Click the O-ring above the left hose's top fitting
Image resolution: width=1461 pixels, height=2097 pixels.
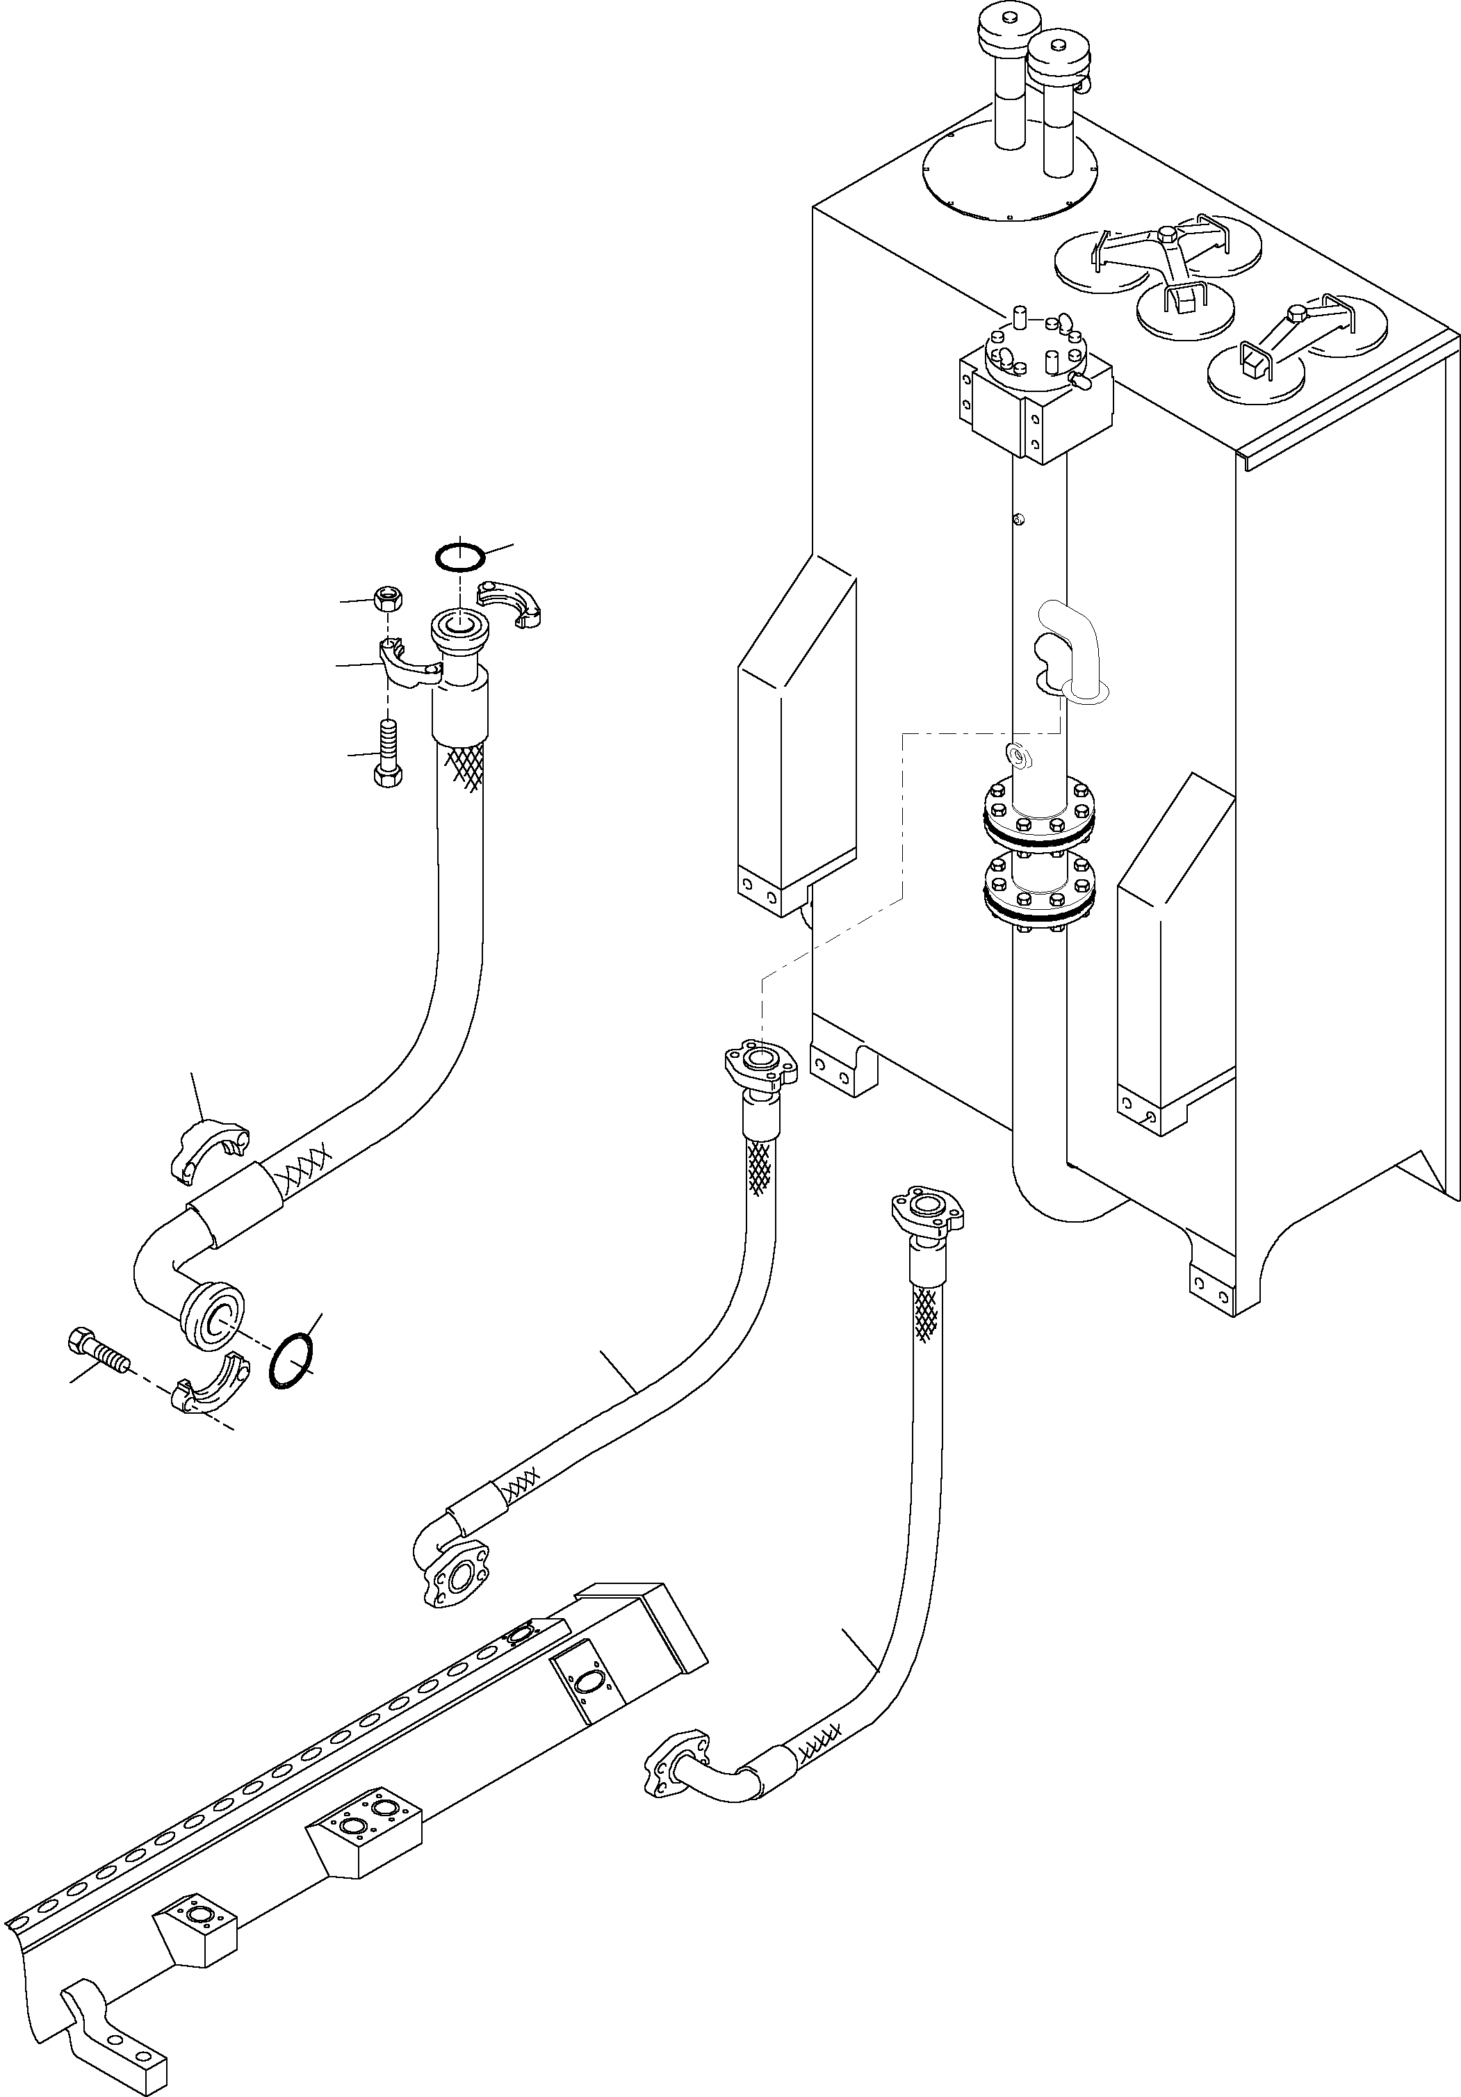pyautogui.click(x=459, y=557)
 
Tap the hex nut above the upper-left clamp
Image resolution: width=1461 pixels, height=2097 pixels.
pyautogui.click(x=389, y=600)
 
